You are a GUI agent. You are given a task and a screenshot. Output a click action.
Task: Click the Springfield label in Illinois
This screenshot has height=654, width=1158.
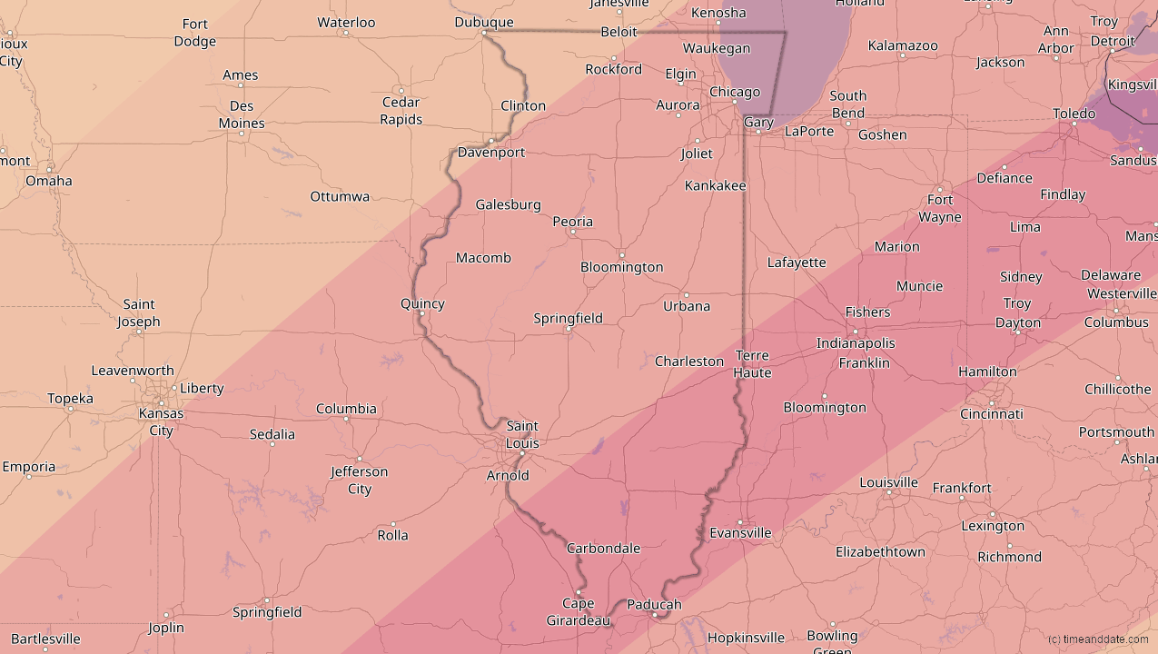click(568, 318)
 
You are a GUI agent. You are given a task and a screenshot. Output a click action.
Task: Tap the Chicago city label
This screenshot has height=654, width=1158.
click(734, 92)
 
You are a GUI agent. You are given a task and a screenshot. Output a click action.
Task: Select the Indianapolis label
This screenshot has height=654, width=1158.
click(856, 343)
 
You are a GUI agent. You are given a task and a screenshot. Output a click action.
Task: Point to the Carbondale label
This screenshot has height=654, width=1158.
click(603, 549)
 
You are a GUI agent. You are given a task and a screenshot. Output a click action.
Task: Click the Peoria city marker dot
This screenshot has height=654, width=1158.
click(572, 233)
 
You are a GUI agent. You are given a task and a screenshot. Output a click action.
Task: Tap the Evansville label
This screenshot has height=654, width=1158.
click(740, 533)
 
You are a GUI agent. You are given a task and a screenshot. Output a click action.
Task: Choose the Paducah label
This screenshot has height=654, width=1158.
click(654, 605)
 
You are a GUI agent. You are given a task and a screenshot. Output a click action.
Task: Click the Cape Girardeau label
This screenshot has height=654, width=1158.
click(579, 612)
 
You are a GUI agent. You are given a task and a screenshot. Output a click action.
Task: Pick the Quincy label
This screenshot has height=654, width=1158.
click(422, 303)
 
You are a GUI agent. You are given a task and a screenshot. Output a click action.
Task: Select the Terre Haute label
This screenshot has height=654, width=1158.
click(752, 364)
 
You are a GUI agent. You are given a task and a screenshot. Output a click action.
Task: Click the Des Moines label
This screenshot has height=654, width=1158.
click(242, 114)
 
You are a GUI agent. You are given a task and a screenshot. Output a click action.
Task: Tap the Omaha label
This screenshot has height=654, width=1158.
click(48, 181)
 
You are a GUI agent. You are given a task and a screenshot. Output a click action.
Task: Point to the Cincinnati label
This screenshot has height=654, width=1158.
click(992, 414)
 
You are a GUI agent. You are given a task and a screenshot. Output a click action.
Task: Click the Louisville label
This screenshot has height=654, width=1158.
click(888, 482)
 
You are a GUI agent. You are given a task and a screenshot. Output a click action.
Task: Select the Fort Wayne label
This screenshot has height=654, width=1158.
click(940, 208)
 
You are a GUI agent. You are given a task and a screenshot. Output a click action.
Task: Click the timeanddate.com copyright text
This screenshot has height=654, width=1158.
click(1097, 639)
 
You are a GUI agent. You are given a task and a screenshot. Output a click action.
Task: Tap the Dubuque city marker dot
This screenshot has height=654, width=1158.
click(484, 33)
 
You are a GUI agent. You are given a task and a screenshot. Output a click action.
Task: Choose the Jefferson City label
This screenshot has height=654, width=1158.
click(360, 481)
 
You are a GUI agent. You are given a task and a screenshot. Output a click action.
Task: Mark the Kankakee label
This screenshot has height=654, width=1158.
click(716, 186)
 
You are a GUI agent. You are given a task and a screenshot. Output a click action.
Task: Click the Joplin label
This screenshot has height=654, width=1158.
click(166, 628)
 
